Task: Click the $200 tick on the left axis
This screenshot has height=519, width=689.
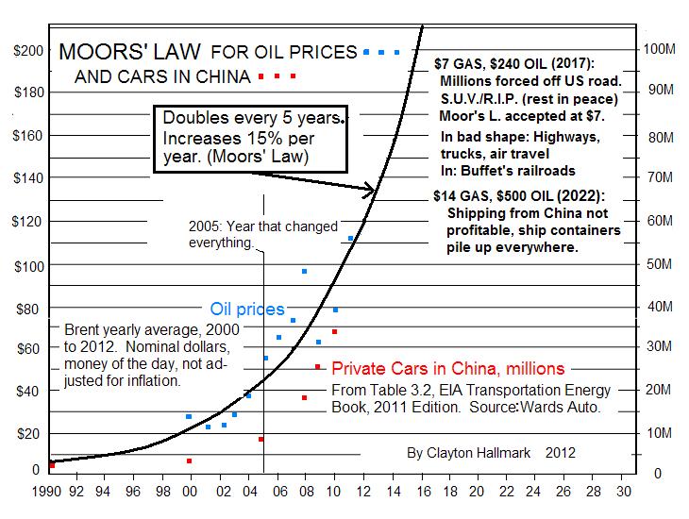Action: [x=25, y=50]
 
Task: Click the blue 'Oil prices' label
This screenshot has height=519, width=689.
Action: [x=246, y=310]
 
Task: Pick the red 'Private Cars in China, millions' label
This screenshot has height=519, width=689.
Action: [x=448, y=368]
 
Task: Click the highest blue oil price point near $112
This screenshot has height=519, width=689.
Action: [x=351, y=238]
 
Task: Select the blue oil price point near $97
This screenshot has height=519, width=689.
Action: [x=304, y=272]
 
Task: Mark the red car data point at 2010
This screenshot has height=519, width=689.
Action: [x=334, y=332]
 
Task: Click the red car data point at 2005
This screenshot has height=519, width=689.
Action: [x=260, y=439]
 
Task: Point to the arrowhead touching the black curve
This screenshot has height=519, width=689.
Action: [x=371, y=192]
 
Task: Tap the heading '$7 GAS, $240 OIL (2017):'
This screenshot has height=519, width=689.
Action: [x=514, y=64]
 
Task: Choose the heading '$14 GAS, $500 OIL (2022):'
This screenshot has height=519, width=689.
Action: [x=514, y=196]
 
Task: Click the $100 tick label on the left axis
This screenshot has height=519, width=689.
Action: [x=25, y=265]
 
